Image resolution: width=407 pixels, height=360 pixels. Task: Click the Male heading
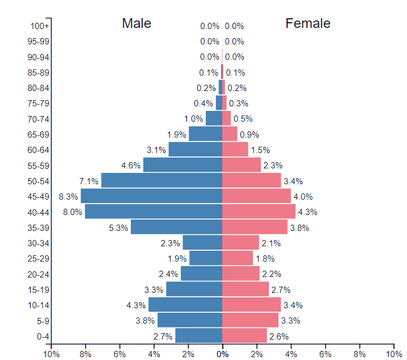click(136, 23)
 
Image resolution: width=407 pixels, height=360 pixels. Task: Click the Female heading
click(308, 23)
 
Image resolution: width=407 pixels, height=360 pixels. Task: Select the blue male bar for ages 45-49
click(151, 196)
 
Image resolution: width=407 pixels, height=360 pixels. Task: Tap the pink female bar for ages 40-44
click(259, 212)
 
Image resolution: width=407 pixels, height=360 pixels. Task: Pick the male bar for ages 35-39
click(176, 227)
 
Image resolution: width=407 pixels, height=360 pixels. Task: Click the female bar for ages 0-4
click(244, 336)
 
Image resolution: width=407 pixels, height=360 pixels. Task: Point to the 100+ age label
click(40, 26)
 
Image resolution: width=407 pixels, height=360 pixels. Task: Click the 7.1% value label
click(89, 181)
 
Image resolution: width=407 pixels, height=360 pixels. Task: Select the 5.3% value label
click(118, 227)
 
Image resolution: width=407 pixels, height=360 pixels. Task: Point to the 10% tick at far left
click(51, 354)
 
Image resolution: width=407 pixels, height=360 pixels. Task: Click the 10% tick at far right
click(393, 354)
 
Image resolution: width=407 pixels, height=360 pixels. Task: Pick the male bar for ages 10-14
click(185, 304)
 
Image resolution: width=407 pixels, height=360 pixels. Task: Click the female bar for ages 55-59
click(242, 165)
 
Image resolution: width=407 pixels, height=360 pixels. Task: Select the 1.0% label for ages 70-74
click(194, 119)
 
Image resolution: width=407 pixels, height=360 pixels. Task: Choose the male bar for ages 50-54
click(161, 180)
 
